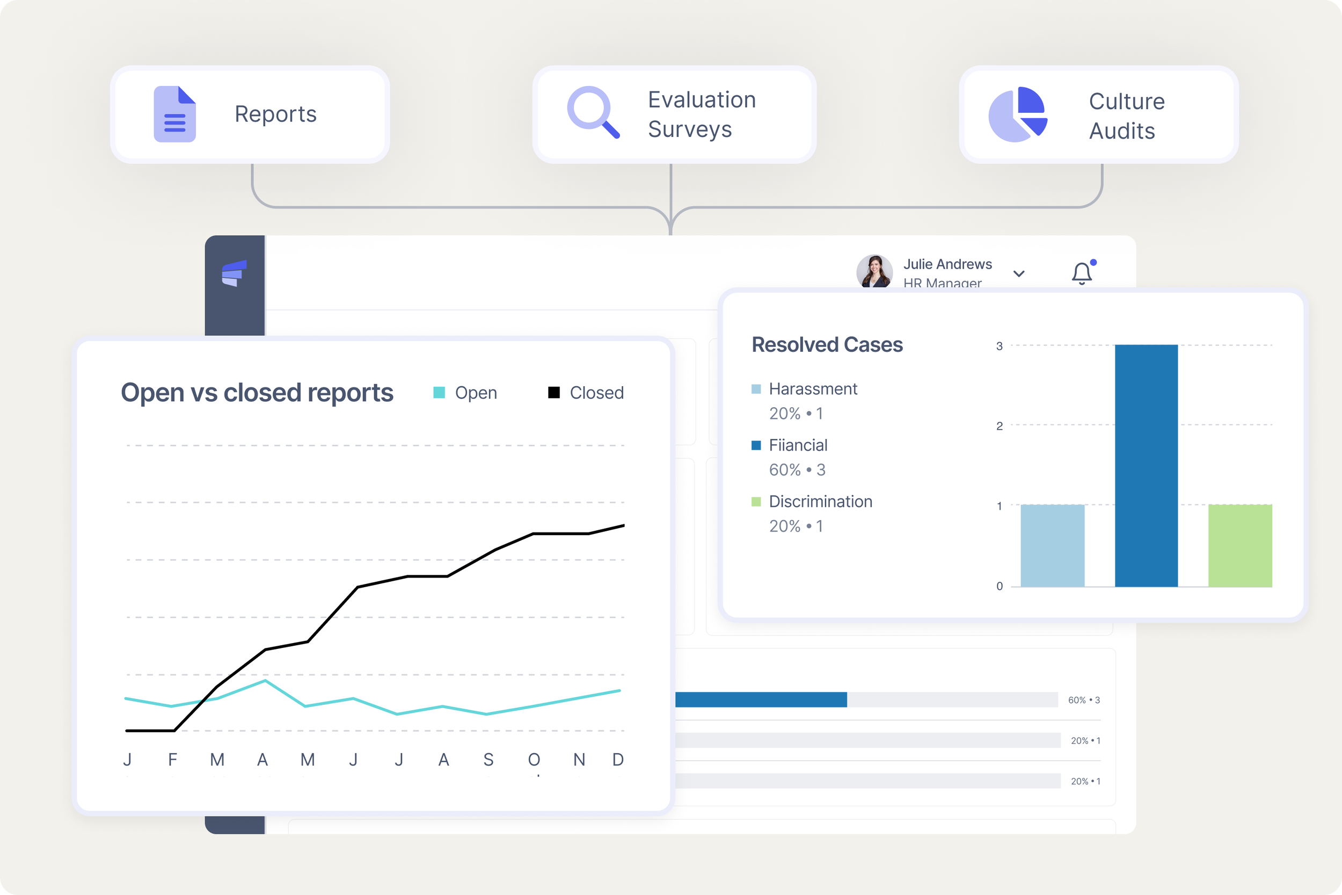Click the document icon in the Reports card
click(174, 114)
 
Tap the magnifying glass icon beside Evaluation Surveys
click(592, 111)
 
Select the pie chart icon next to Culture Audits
click(1017, 114)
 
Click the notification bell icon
click(1081, 273)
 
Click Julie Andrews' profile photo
click(874, 272)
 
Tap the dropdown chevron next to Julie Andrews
click(1019, 274)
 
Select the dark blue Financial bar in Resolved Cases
click(1146, 465)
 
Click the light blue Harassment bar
click(1052, 545)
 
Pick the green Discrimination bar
click(1240, 545)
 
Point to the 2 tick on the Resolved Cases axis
click(999, 426)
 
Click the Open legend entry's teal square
click(439, 393)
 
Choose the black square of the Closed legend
click(554, 393)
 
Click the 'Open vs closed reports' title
click(257, 393)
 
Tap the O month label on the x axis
click(534, 760)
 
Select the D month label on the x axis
click(618, 760)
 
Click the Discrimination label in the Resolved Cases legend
click(820, 502)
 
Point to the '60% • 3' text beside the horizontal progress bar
click(1084, 700)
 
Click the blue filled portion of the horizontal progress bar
click(761, 700)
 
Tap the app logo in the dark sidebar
click(234, 273)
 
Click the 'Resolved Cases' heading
click(827, 345)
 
